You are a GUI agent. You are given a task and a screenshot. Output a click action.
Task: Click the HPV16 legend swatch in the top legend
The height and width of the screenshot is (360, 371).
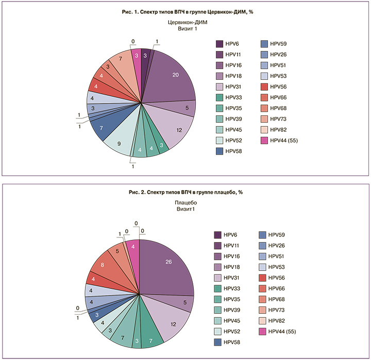tap(220, 65)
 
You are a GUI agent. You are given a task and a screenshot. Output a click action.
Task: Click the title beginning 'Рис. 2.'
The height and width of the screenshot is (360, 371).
tap(185, 192)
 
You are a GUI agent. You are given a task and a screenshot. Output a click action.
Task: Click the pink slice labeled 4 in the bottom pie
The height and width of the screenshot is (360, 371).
tap(133, 248)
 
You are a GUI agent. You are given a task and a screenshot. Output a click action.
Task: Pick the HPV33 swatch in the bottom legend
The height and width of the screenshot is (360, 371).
tap(220, 288)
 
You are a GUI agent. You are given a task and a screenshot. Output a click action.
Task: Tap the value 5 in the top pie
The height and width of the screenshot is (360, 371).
tap(187, 108)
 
